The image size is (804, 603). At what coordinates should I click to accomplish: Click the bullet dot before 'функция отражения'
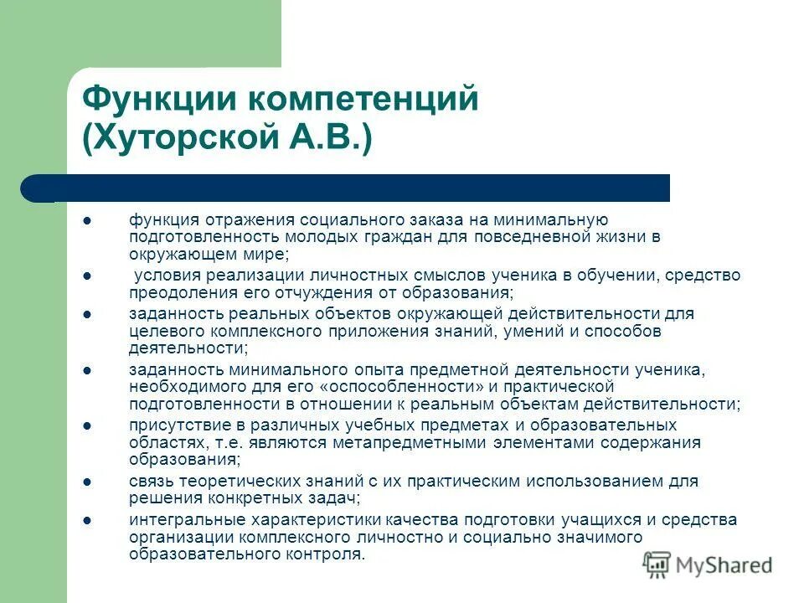(x=87, y=220)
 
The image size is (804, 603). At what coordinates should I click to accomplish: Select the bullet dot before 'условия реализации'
(x=87, y=276)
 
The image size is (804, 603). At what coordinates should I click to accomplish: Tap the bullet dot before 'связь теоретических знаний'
(x=87, y=482)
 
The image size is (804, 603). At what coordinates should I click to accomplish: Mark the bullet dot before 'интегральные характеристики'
(x=87, y=520)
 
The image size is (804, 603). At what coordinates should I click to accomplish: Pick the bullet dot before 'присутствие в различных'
(x=87, y=425)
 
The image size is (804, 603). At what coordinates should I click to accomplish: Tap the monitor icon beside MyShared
(x=657, y=564)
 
